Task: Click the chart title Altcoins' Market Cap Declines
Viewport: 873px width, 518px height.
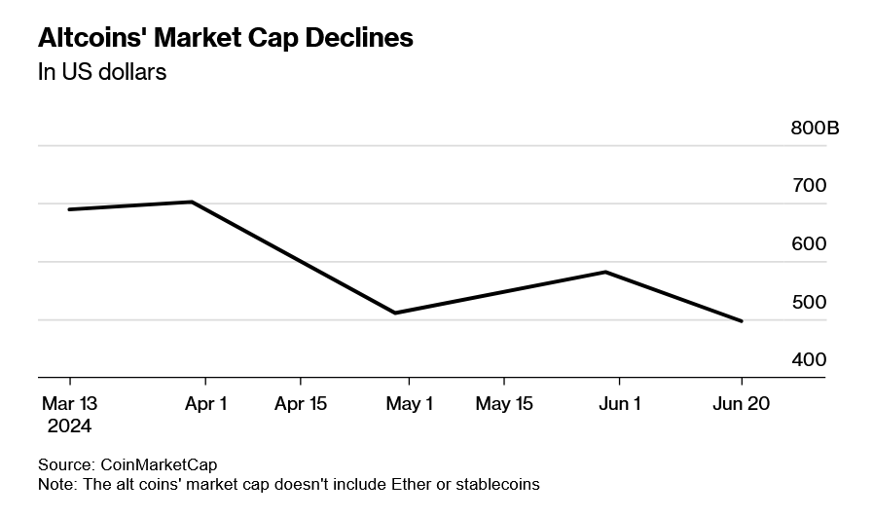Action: (225, 38)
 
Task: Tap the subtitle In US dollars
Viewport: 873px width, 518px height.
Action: (102, 73)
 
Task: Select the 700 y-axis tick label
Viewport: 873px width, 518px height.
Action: (809, 185)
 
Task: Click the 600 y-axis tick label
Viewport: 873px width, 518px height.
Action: (809, 243)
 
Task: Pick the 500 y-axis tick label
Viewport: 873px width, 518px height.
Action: (809, 302)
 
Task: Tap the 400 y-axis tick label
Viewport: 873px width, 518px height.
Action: (809, 359)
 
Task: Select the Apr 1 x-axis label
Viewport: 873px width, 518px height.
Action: (205, 404)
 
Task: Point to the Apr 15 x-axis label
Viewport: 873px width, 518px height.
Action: (300, 404)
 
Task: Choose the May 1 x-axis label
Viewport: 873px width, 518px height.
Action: (409, 404)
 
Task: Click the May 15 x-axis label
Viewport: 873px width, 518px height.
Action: (503, 404)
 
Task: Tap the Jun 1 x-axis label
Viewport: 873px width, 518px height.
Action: (619, 404)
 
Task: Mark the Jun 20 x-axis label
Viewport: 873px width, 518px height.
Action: (742, 404)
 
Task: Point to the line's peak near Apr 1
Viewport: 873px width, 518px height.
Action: (193, 202)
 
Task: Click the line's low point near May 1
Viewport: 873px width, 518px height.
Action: (395, 313)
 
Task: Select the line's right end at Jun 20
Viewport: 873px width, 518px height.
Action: (743, 321)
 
